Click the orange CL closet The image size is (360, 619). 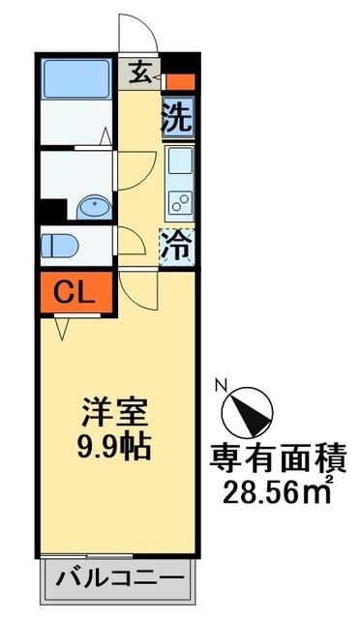click(x=75, y=290)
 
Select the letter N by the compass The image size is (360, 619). click(x=221, y=382)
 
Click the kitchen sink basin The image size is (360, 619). click(x=179, y=162)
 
